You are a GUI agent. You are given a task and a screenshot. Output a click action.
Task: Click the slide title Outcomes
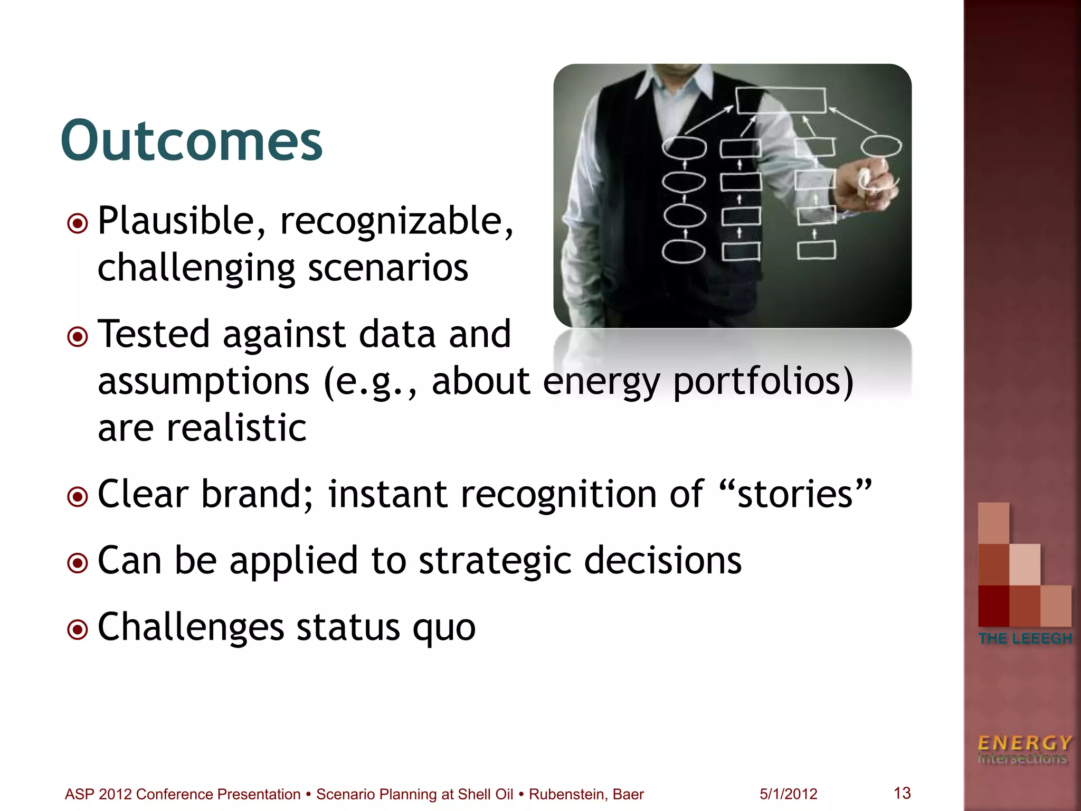[191, 141]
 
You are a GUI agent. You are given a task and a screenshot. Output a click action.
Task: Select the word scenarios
[388, 268]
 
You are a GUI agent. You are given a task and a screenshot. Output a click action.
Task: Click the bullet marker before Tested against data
[78, 336]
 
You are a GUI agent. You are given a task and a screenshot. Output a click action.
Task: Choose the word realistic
[236, 428]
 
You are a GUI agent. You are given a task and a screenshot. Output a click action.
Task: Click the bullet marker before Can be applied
[78, 563]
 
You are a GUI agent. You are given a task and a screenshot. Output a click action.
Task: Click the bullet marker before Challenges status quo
[78, 629]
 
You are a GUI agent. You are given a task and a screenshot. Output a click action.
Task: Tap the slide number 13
[902, 793]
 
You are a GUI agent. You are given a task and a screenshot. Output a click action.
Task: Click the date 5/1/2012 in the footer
[788, 794]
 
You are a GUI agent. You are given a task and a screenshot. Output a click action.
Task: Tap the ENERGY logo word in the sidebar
[1025, 743]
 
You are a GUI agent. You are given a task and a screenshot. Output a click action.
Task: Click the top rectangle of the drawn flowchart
[781, 100]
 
